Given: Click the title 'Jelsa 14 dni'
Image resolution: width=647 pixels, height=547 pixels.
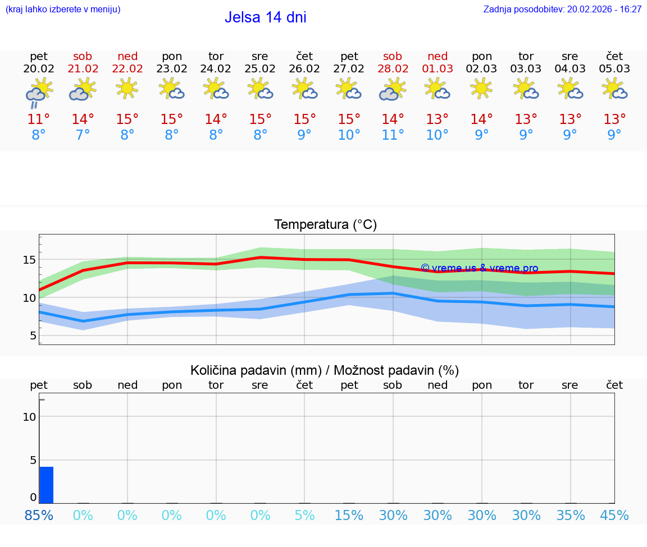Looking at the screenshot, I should [x=265, y=17].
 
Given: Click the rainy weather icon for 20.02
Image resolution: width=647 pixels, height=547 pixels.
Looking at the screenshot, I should [x=39, y=92].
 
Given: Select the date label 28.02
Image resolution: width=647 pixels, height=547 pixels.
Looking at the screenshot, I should [x=393, y=69].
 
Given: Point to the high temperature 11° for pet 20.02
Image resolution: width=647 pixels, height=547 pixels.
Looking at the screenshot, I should [x=39, y=119].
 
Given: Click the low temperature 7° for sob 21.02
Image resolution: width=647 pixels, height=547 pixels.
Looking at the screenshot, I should [x=83, y=135].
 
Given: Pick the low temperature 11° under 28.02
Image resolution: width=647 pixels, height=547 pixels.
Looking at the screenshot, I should [x=393, y=135].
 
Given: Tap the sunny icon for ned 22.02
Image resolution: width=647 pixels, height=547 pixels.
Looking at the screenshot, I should [x=127, y=88].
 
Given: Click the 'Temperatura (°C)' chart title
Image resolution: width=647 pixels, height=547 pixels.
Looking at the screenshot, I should [x=325, y=225].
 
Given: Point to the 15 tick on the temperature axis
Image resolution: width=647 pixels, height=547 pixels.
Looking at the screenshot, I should [x=29, y=260].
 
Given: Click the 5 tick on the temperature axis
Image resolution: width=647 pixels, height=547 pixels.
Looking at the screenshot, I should [x=33, y=336].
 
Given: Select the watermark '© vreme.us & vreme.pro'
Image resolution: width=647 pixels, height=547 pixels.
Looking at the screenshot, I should [x=479, y=268].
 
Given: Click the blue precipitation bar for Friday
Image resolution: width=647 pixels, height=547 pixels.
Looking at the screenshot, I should [x=46, y=485].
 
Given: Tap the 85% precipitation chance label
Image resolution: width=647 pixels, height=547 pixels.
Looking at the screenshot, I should [x=39, y=516].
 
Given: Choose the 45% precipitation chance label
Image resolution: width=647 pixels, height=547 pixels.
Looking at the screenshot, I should [x=614, y=516].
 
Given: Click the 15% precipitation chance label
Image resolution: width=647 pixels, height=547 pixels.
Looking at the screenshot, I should [x=349, y=516].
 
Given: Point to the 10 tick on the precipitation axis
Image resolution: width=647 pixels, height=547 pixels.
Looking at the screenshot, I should [x=29, y=417].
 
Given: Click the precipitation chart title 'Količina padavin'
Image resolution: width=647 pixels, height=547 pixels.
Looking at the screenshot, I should [x=325, y=370].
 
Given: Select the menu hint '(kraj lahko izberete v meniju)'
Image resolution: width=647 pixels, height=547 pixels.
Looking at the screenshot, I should [x=63, y=10].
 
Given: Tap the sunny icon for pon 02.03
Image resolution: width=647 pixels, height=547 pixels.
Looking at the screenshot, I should [x=481, y=88].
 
